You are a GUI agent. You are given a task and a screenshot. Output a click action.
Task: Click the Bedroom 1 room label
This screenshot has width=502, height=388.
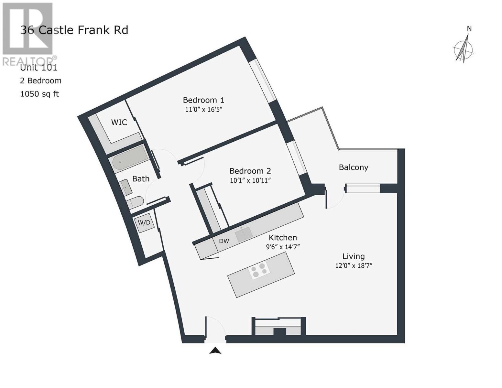[x=203, y=100]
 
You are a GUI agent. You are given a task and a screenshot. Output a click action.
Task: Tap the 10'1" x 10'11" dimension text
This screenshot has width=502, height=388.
[x=250, y=180]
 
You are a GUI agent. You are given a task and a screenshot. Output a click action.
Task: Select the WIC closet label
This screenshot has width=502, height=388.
[x=119, y=122]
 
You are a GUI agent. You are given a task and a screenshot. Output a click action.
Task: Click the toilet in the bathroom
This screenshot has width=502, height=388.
[x=135, y=202]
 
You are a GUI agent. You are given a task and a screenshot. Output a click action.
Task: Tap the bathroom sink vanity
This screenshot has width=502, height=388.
[x=125, y=188]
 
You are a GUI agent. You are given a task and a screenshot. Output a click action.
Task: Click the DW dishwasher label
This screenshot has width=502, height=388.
[x=224, y=241]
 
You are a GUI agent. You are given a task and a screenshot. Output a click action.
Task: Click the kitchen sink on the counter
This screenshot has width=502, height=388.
[x=244, y=234]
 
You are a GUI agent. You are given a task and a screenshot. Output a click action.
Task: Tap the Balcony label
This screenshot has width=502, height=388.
[x=354, y=167]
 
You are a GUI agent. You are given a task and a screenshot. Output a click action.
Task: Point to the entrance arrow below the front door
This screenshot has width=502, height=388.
[x=215, y=350]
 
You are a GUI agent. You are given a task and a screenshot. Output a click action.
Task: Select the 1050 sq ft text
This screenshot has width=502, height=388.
[x=39, y=94]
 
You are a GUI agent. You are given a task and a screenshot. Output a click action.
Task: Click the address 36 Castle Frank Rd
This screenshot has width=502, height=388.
[x=74, y=30]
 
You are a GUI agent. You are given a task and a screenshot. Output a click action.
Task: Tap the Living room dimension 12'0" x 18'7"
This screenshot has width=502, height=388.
[x=354, y=266]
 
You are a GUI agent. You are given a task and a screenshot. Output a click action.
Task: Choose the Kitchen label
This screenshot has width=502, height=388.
[x=283, y=238]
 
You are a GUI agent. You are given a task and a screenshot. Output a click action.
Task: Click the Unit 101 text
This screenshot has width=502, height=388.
[x=38, y=68]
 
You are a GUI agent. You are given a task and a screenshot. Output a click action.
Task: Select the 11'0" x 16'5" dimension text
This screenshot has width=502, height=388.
[x=203, y=109]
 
